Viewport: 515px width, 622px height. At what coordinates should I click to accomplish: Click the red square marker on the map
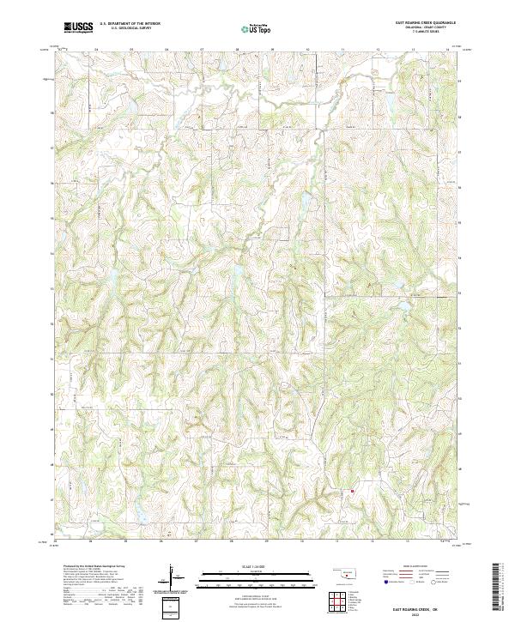(x=352, y=492)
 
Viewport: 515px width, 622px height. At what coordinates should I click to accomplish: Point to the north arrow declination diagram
(x=172, y=577)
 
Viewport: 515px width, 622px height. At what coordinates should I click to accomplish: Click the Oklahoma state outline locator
(x=345, y=573)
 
